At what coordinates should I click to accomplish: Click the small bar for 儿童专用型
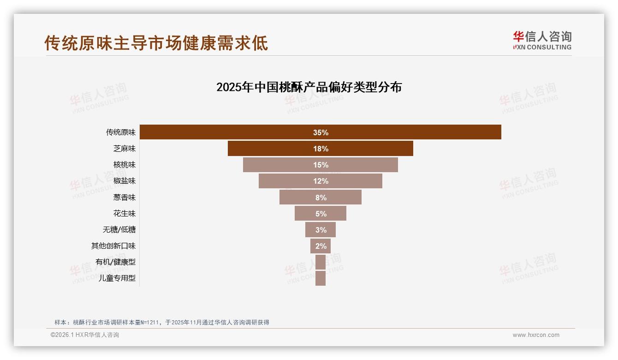321,278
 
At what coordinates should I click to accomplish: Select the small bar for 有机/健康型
321,262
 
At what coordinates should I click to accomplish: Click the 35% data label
321,132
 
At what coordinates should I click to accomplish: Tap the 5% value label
321,214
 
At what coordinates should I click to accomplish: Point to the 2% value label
321,246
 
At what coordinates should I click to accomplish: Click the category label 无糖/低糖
119,229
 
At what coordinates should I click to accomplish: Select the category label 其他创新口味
113,246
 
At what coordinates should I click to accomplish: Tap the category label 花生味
125,213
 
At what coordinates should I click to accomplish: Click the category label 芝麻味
125,149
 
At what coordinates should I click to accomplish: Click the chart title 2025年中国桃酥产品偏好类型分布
309,87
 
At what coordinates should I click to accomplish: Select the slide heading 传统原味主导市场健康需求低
156,43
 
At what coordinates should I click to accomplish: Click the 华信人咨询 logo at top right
542,40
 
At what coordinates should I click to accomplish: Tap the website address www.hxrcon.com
536,335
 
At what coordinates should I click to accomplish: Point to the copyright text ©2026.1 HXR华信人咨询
85,335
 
